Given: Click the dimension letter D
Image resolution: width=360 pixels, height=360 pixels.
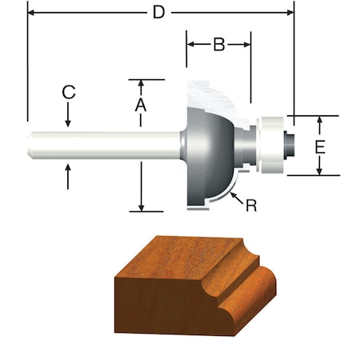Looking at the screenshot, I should [x=161, y=13].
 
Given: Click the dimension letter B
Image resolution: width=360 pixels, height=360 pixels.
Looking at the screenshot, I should [x=218, y=45].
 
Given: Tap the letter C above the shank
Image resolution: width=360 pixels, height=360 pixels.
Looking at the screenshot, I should [x=69, y=93].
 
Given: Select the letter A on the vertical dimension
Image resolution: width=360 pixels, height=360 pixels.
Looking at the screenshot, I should [x=140, y=105].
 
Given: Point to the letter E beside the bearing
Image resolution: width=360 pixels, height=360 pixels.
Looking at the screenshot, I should [x=319, y=146].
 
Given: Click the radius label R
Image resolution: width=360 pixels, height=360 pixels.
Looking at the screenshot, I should [x=251, y=206].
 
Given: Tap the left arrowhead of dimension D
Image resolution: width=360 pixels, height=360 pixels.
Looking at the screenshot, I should [x=32, y=13].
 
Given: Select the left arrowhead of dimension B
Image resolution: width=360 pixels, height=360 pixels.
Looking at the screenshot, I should [x=191, y=45].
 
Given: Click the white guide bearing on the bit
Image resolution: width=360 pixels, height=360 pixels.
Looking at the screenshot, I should [x=272, y=145].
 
